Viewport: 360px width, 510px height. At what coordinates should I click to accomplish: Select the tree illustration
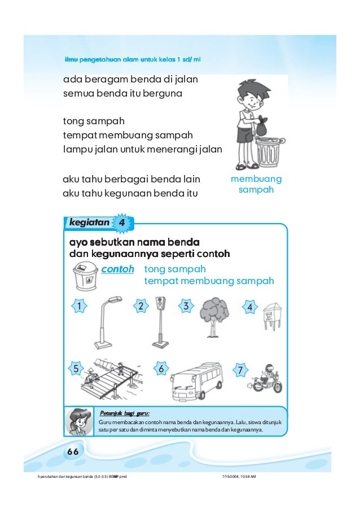tap(213, 316)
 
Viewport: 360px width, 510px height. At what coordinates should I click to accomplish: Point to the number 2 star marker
tap(141, 306)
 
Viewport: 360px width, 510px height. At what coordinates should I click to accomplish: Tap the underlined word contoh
tap(117, 269)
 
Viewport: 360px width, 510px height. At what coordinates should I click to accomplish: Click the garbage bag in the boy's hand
tap(262, 127)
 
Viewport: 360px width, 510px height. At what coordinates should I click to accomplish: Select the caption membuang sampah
tap(256, 184)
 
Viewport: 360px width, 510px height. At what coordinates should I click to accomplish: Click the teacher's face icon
tap(78, 421)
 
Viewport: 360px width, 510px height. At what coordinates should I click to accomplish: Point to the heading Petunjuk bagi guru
tap(124, 412)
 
